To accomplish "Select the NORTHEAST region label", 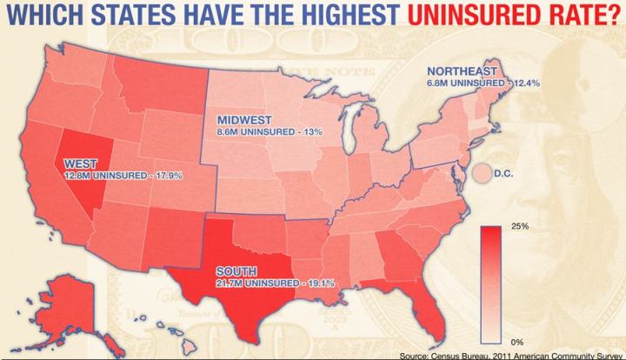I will pyautogui.click(x=462, y=70).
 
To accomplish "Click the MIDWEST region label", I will pyautogui.click(x=244, y=119).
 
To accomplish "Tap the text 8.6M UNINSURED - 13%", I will pyautogui.click(x=259, y=132).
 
